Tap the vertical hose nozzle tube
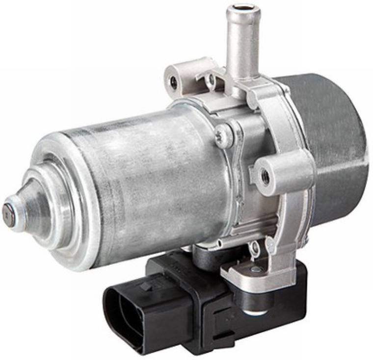click(x=242, y=44)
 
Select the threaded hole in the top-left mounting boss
click(x=174, y=82)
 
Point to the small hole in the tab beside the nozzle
click(x=212, y=78)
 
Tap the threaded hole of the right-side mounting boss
click(x=266, y=177)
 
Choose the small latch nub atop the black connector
click(x=147, y=286)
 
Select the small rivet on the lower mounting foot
click(x=255, y=269)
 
